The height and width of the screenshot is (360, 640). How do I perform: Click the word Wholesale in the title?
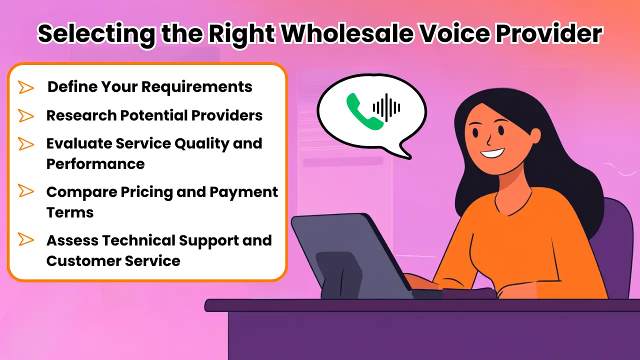tap(347, 33)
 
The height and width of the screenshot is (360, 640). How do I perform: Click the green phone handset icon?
tap(365, 111)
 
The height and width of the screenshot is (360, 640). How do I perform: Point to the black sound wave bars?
tap(386, 107)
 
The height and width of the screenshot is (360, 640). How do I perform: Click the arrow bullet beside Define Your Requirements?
tap(26, 87)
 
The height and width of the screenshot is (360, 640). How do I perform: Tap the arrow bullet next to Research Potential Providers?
tap(26, 115)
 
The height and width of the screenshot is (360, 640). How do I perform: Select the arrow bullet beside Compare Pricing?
tap(26, 190)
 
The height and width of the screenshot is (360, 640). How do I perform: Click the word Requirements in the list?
tap(197, 87)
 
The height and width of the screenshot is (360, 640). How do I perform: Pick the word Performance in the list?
tap(95, 164)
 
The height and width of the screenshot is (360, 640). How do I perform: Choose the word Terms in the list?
tap(70, 212)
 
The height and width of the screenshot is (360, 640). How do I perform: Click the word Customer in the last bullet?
tap(83, 261)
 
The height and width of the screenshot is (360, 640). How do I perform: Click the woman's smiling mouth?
tap(492, 153)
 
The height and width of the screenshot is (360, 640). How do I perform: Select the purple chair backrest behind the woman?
tap(614, 245)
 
